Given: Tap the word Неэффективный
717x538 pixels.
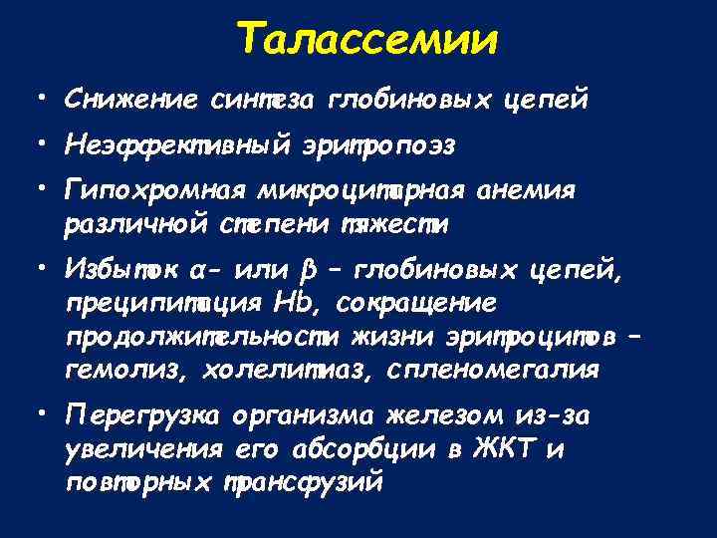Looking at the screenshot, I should (174, 145).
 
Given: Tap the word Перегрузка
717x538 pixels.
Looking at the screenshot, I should (138, 415).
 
